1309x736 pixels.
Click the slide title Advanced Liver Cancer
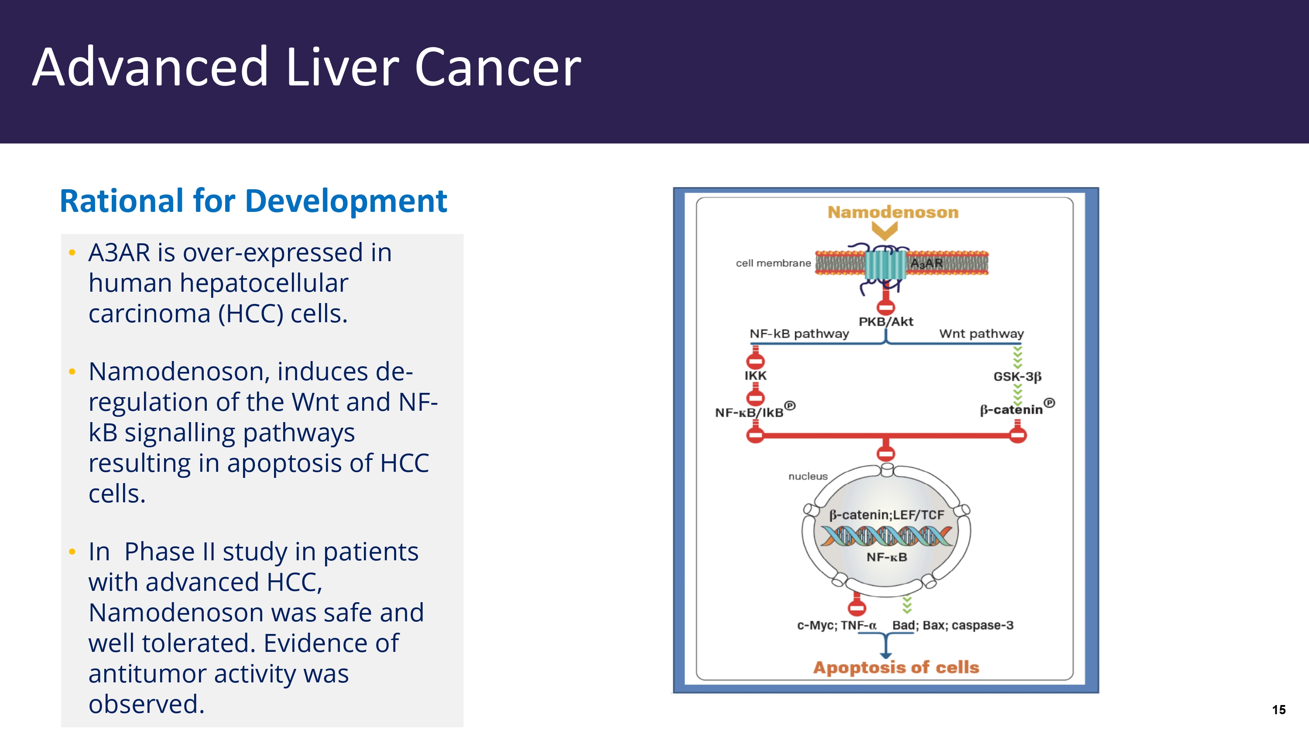click(306, 67)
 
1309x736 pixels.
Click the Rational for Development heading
click(253, 201)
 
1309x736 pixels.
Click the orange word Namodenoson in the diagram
click(893, 212)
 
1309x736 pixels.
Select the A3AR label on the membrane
click(926, 263)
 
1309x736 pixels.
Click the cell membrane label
click(773, 263)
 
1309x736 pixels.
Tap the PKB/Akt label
click(886, 321)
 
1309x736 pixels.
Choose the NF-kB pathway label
click(799, 334)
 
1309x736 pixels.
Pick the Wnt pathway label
click(981, 334)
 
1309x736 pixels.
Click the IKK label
click(755, 376)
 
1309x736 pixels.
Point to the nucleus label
click(808, 477)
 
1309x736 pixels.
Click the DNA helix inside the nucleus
click(886, 536)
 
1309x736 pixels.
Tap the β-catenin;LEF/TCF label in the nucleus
click(886, 515)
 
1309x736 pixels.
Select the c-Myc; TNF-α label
click(836, 625)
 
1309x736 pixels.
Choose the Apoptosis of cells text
click(896, 668)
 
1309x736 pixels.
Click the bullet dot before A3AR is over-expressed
click(72, 252)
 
